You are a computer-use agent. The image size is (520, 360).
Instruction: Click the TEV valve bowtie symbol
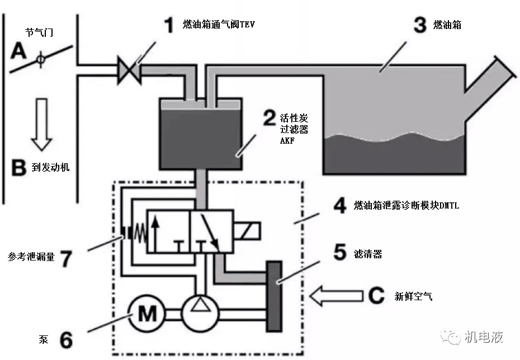(x=129, y=71)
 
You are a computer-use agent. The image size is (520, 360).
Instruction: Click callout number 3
(x=420, y=26)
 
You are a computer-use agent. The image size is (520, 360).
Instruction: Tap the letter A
(x=18, y=51)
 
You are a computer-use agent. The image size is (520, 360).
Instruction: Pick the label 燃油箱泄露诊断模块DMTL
(x=406, y=206)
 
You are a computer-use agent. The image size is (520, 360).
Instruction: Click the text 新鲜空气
(x=413, y=297)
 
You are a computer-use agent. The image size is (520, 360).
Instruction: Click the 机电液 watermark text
(x=484, y=337)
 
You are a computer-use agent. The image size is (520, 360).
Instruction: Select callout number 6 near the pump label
(x=66, y=339)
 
